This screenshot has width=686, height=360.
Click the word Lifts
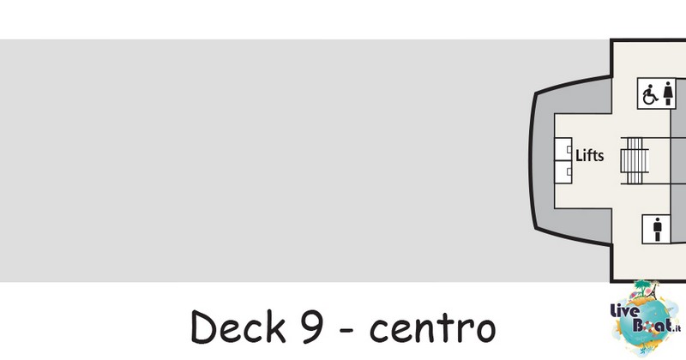point(590,155)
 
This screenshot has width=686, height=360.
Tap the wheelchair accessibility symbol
point(650,94)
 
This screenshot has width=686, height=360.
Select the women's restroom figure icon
point(668,93)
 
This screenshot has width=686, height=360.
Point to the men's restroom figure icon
point(657,229)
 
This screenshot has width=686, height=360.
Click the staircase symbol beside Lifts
point(635,160)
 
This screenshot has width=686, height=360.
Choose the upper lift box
point(563,149)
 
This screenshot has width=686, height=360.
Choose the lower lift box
point(563,172)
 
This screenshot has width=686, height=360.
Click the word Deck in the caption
point(238,327)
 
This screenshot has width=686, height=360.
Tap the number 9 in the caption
point(312,327)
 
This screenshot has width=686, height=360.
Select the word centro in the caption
point(433,328)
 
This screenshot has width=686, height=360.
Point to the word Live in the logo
point(625,312)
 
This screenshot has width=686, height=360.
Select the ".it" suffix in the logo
point(677,327)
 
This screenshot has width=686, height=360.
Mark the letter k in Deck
point(276,327)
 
